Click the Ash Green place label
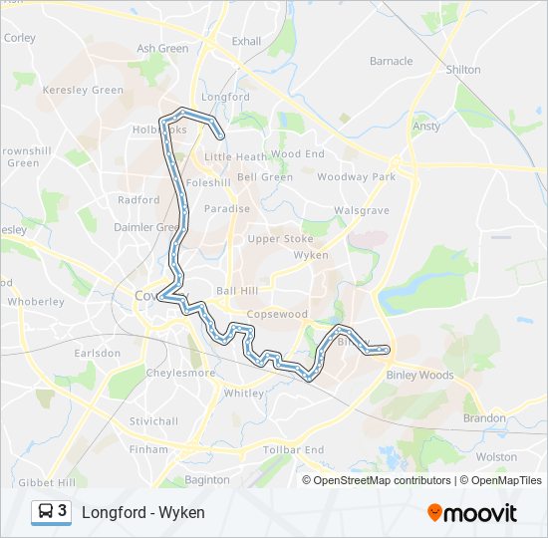162,48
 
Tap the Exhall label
245,41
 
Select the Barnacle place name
391,61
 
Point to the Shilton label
463,70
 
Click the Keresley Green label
83,90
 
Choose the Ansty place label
425,127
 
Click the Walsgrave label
361,211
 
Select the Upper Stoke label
280,239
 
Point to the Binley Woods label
419,376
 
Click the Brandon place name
484,418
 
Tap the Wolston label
496,456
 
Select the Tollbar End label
293,450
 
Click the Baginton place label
207,480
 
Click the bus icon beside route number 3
46,512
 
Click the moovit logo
472,513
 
